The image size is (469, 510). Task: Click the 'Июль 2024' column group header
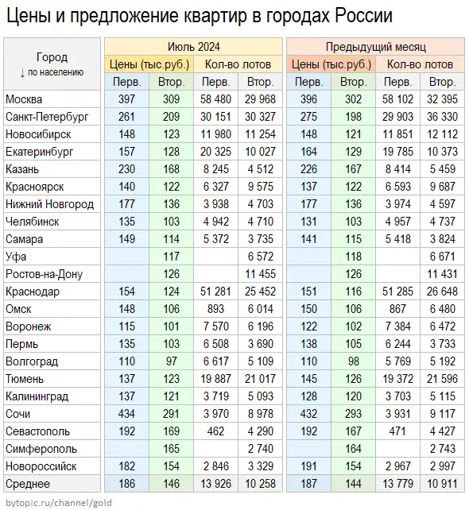tap(194, 47)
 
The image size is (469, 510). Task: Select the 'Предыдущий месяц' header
tap(376, 47)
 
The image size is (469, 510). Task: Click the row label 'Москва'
tap(24, 99)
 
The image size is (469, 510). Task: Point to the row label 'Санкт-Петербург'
tap(47, 117)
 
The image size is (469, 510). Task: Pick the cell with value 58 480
tap(215, 99)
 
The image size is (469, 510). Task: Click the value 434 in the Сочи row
tap(126, 414)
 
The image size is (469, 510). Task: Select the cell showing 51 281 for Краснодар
tap(215, 292)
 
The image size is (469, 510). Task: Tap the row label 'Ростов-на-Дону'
tap(44, 274)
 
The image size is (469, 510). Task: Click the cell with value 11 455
tap(260, 274)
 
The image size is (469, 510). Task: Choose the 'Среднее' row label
tap(28, 484)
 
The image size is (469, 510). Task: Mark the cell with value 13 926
tap(215, 484)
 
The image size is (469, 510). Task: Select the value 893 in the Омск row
tap(215, 309)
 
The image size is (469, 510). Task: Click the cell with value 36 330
tap(442, 117)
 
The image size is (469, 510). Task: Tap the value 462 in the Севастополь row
tap(215, 431)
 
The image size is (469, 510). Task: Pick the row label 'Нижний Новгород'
tap(49, 204)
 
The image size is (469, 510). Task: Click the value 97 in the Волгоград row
tap(171, 361)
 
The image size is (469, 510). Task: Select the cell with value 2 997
tap(442, 466)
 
